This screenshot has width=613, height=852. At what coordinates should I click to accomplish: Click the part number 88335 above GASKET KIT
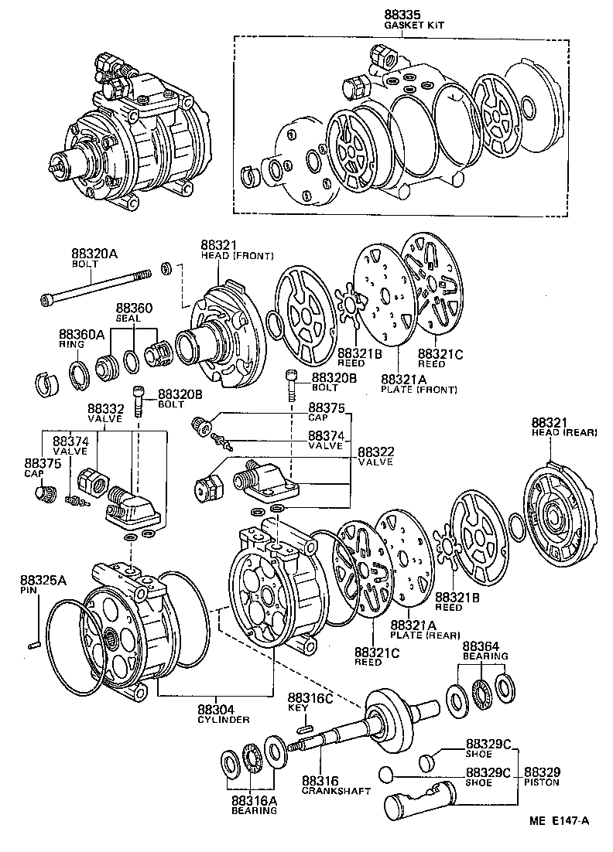click(x=404, y=15)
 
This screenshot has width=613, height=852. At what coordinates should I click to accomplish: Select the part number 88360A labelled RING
click(x=81, y=335)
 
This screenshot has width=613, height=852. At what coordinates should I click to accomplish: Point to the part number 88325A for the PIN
click(x=43, y=580)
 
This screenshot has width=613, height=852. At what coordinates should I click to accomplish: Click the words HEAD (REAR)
click(x=564, y=432)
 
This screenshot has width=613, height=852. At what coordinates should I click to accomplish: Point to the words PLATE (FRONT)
click(x=419, y=389)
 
